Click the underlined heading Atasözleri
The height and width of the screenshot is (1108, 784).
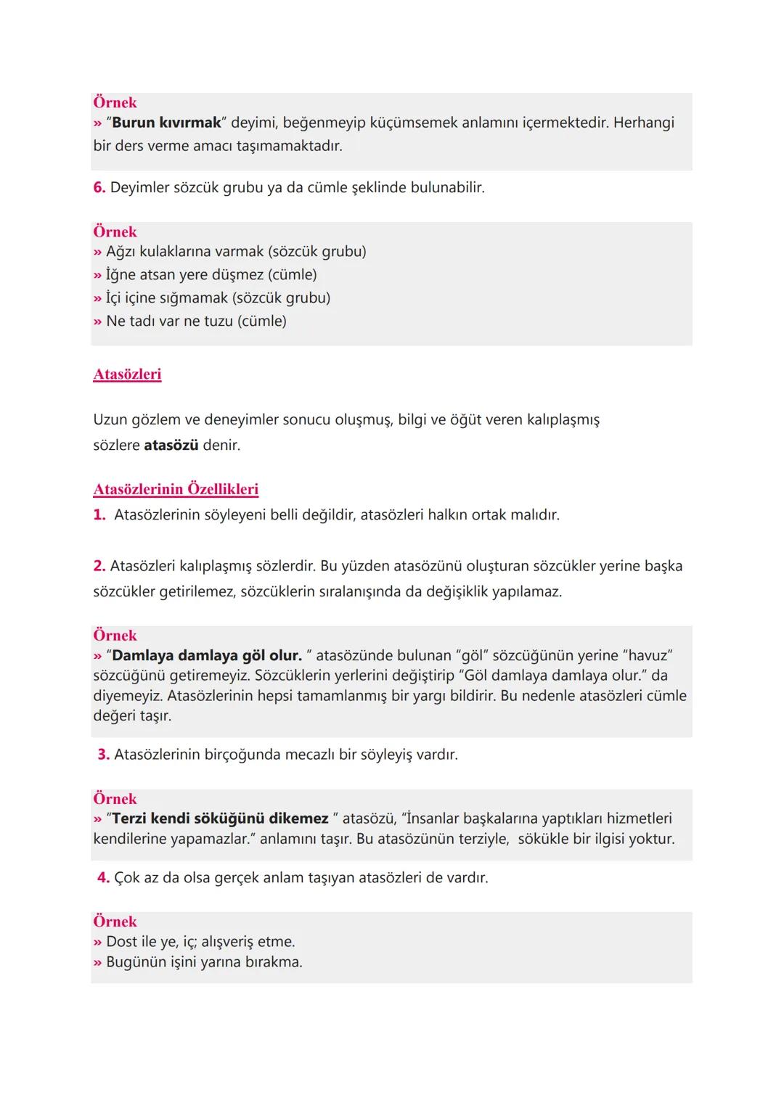pyautogui.click(x=127, y=374)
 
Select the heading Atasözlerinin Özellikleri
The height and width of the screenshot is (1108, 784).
pyautogui.click(x=176, y=489)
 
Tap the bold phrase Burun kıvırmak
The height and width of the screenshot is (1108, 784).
pyautogui.click(x=166, y=123)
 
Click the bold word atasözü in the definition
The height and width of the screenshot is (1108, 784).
pyautogui.click(x=171, y=445)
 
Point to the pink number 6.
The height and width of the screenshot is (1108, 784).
pyautogui.click(x=99, y=187)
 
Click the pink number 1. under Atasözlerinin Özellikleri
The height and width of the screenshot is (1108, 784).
pyautogui.click(x=99, y=515)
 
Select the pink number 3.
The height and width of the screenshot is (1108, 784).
pyautogui.click(x=103, y=755)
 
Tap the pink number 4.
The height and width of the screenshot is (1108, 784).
pyautogui.click(x=103, y=878)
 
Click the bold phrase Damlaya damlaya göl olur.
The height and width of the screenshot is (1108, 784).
pyautogui.click(x=207, y=655)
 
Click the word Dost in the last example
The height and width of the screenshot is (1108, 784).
pyautogui.click(x=121, y=942)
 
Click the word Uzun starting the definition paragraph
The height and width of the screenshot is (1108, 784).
pyautogui.click(x=110, y=419)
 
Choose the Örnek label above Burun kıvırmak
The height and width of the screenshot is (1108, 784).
pyautogui.click(x=115, y=102)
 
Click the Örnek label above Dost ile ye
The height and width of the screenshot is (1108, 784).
pyautogui.click(x=115, y=922)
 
